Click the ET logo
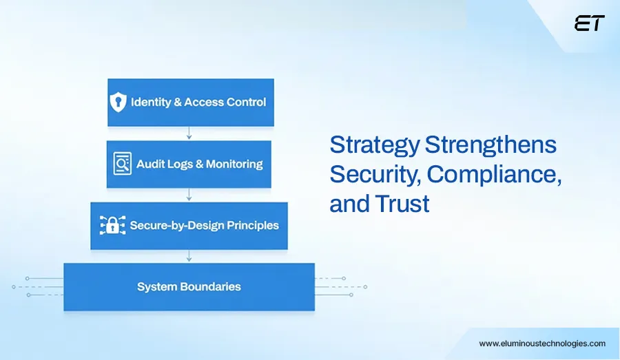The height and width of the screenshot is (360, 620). pos(589,23)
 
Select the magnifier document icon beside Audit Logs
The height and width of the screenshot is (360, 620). pos(122,164)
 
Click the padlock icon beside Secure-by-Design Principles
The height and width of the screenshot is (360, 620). pos(112,226)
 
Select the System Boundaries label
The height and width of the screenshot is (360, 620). pos(189,286)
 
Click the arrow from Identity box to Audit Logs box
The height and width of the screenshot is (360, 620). pos(189,134)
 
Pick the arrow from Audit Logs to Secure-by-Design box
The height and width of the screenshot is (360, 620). pos(189,195)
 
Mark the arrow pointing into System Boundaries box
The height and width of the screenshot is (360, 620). pos(189,256)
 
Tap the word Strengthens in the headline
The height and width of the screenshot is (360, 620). pos(490,145)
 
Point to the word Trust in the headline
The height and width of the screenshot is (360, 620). pos(404,204)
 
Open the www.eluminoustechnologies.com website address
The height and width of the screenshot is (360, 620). pos(542,343)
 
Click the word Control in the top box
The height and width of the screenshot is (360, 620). pos(245,103)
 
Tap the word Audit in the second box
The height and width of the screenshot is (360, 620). pos(149,165)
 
